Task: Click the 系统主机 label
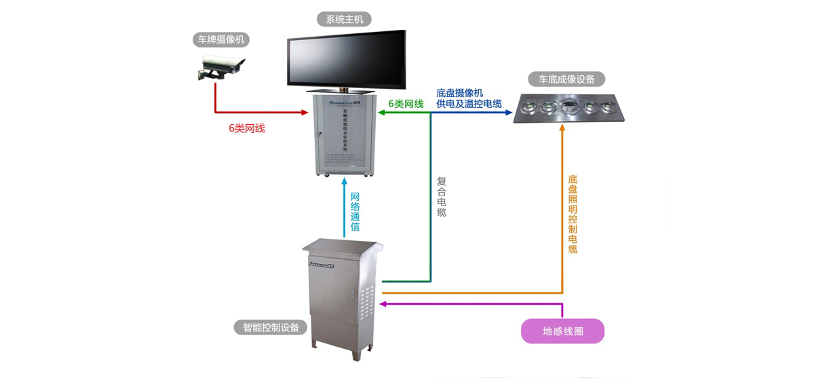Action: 345,19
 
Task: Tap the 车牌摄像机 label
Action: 220,40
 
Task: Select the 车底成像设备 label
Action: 567,79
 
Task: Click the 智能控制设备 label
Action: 270,327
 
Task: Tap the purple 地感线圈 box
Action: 562,331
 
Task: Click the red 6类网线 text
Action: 247,128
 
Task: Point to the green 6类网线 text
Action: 406,104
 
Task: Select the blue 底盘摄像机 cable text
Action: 469,98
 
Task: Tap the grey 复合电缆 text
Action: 442,197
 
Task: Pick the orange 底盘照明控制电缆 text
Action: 573,214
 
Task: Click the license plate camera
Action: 218,67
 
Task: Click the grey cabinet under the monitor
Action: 345,134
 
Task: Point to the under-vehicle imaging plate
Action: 568,108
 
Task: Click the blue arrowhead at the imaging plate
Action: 508,112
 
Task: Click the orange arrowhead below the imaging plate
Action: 562,128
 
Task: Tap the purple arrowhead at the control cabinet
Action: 386,305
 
